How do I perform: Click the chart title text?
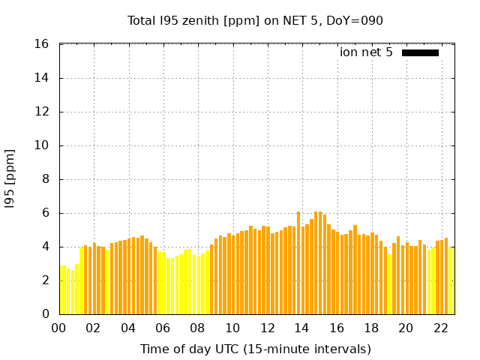(x=255, y=20)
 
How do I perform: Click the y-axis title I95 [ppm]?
(x=10, y=179)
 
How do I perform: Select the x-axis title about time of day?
(x=255, y=349)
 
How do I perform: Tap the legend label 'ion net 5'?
(x=366, y=52)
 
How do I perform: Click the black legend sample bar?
(x=420, y=52)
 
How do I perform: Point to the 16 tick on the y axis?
(x=42, y=44)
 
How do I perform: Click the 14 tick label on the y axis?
(x=42, y=78)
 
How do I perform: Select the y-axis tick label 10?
(x=42, y=145)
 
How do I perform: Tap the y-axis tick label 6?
(x=45, y=213)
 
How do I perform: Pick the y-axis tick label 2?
(x=45, y=280)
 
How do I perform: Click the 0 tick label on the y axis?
(x=45, y=314)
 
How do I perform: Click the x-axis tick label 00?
(x=59, y=328)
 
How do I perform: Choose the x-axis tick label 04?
(x=128, y=328)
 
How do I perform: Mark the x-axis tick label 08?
(x=198, y=328)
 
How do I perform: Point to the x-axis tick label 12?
(x=267, y=328)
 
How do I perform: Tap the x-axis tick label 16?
(x=337, y=328)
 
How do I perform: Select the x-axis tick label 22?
(x=440, y=328)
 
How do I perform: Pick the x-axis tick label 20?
(x=406, y=328)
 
